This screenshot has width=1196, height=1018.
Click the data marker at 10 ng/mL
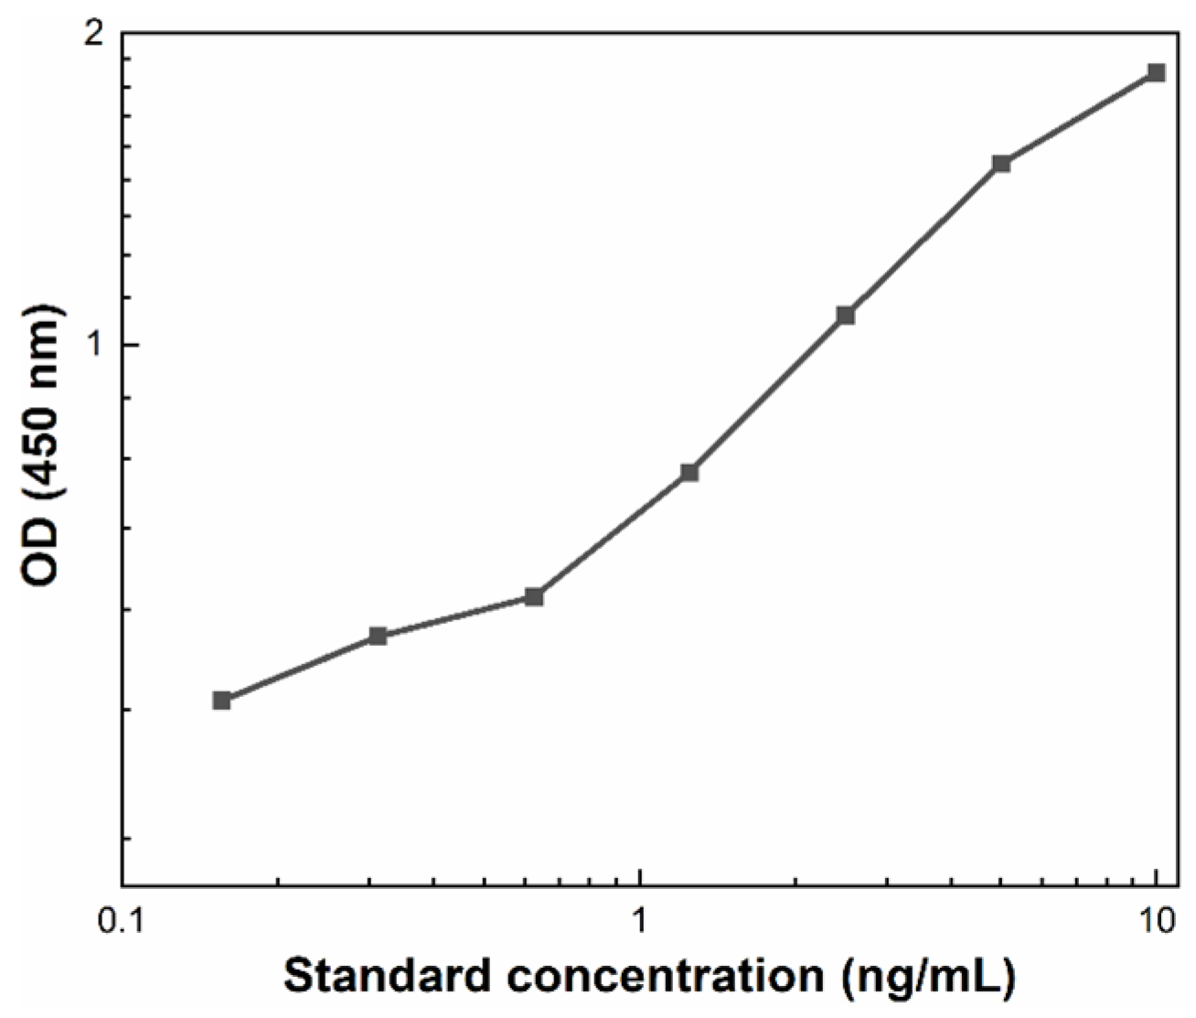point(1156,72)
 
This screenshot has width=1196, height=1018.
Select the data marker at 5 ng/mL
point(1001,163)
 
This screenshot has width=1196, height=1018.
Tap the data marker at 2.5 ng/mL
point(846,316)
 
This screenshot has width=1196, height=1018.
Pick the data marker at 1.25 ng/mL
point(689,472)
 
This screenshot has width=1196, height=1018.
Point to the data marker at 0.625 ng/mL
point(535,596)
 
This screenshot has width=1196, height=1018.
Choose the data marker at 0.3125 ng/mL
point(378,636)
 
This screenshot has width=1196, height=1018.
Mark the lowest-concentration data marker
point(221,700)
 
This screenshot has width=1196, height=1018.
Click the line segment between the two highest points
point(1079,117)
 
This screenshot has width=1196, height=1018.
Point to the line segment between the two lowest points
point(299,668)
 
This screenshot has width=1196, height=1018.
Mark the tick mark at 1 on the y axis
point(128,345)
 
